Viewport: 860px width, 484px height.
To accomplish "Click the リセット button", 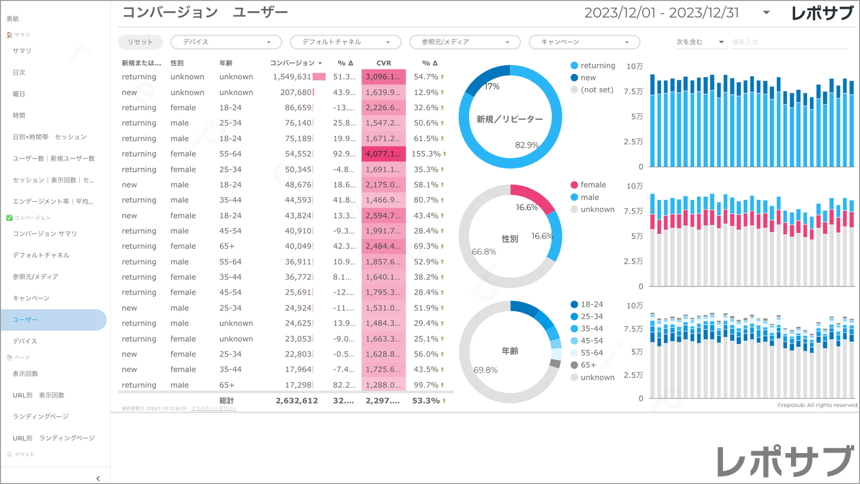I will [x=140, y=42].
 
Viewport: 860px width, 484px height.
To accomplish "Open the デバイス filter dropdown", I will [x=226, y=42].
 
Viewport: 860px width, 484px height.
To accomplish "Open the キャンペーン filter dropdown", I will [x=584, y=42].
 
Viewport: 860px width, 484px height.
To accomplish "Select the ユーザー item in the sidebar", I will [x=53, y=320].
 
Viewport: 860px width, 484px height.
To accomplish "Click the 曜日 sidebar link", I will [x=19, y=94].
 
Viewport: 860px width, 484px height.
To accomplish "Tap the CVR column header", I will [x=383, y=63].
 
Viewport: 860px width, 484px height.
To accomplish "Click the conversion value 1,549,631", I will [x=292, y=77].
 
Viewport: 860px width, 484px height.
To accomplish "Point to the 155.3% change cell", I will [x=426, y=154].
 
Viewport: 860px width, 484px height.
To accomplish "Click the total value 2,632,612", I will [x=296, y=401].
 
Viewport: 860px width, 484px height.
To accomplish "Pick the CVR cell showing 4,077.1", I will [x=383, y=154].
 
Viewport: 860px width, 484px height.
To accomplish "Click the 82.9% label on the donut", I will [x=527, y=145].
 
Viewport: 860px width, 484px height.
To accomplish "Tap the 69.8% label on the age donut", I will [x=485, y=370].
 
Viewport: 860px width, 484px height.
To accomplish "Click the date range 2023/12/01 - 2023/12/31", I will [x=661, y=13].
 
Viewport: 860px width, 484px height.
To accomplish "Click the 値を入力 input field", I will [x=787, y=42].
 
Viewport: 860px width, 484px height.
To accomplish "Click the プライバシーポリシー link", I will [x=214, y=409].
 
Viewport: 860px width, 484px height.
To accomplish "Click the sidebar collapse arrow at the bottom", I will [x=98, y=478].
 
